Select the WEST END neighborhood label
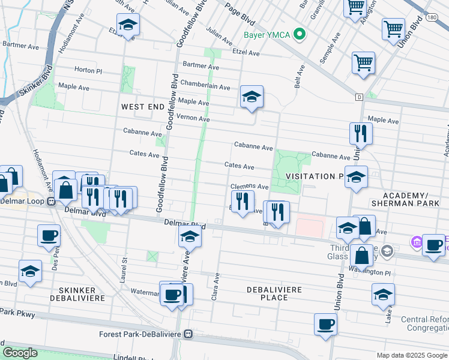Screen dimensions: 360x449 142,106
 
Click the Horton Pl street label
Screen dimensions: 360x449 88,70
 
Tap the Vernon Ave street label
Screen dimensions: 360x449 193,119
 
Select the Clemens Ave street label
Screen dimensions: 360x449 249,187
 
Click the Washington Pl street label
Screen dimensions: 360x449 367,272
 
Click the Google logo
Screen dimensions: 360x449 20,353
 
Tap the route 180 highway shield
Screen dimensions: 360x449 432,18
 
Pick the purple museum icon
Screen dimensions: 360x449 415,242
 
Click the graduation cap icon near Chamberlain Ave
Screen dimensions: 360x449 252,97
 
